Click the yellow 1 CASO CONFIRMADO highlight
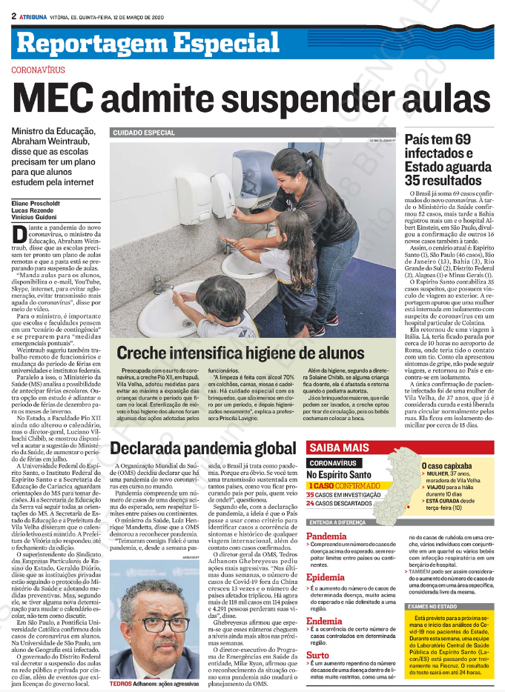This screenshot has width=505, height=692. [x=348, y=464]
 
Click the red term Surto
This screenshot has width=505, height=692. [x=318, y=634]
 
